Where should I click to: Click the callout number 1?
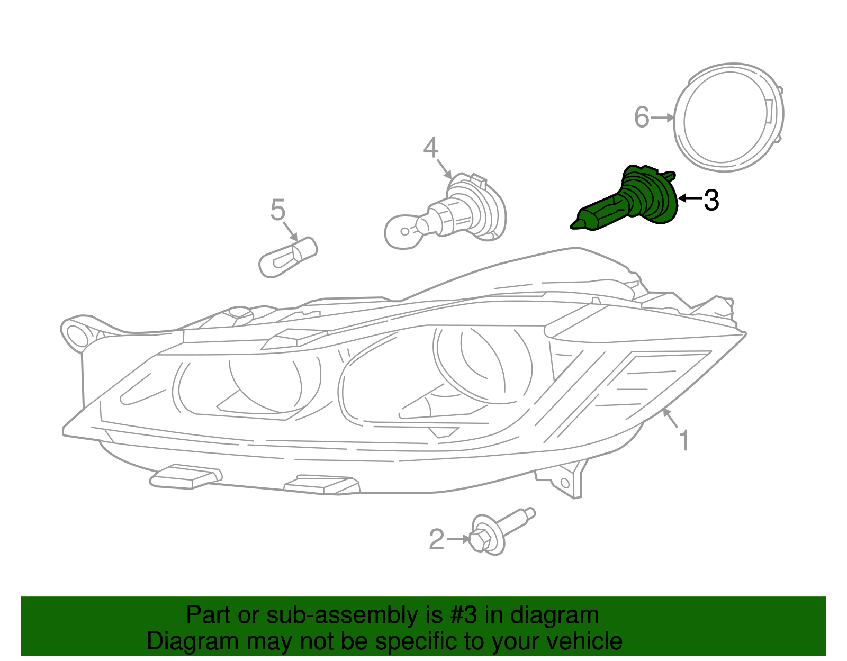coord(684,440)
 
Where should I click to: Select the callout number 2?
coord(436,539)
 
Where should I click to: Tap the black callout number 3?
coord(711,201)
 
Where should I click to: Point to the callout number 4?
coord(431,148)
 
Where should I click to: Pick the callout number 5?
coord(278,210)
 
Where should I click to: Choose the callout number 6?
coord(642,117)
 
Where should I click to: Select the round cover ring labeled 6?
coord(728,117)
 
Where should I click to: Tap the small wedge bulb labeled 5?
coord(288,257)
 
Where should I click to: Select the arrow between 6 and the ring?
coord(662,117)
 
